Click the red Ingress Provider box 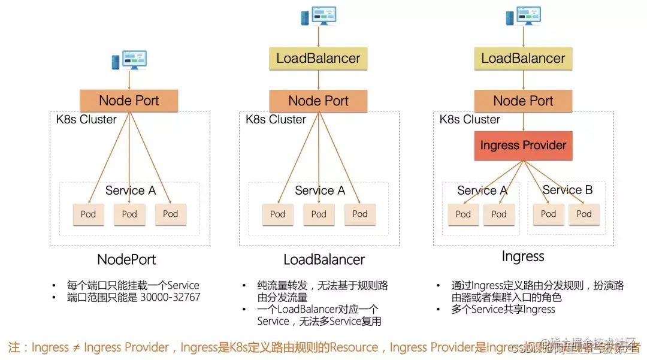tap(523, 146)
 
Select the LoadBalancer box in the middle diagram tap(318, 59)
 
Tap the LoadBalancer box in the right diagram tap(523, 59)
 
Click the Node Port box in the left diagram tap(129, 101)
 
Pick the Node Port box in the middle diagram tap(318, 101)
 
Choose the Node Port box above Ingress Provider tap(523, 101)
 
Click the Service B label tap(567, 190)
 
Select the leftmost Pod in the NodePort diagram tap(89, 214)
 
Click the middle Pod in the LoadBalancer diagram tap(319, 214)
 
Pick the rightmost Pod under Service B tap(584, 214)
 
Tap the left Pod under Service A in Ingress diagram tap(463, 214)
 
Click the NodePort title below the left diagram tap(126, 260)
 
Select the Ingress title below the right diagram tap(523, 257)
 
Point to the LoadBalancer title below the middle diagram tap(324, 260)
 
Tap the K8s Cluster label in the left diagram tap(82, 119)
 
